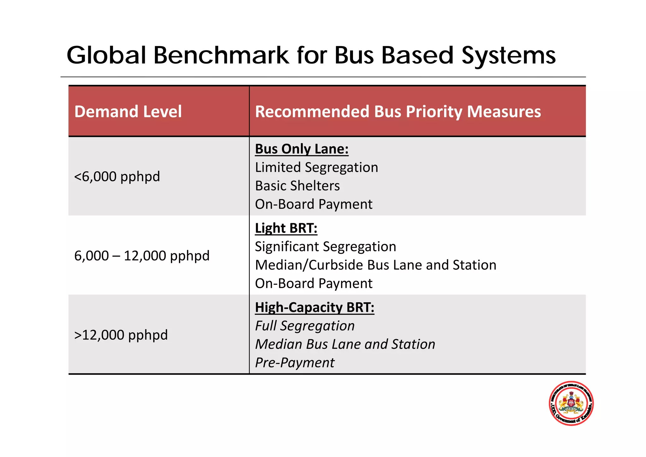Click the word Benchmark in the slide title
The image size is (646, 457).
click(221, 55)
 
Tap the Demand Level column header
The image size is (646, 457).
click(128, 112)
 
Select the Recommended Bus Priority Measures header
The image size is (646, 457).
click(398, 112)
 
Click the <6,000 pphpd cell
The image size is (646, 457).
click(117, 176)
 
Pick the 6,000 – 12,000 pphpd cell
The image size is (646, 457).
click(142, 256)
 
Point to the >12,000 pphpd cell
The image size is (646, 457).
click(121, 335)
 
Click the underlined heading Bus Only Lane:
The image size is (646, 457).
click(302, 149)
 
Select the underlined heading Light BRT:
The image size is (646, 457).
click(286, 228)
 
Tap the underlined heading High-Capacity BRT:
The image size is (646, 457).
click(314, 307)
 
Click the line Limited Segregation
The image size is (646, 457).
click(316, 167)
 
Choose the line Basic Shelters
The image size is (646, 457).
click(297, 186)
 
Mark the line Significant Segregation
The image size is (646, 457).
click(325, 246)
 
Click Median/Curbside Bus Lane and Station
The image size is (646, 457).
click(375, 265)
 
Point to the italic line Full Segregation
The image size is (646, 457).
click(305, 326)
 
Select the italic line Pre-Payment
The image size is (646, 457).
click(295, 363)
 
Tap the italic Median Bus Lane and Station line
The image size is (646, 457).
click(345, 344)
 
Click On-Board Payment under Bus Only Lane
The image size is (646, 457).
click(314, 204)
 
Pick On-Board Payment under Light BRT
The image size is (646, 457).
click(314, 283)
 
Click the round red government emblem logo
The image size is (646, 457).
click(571, 403)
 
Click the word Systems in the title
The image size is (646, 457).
click(508, 55)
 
